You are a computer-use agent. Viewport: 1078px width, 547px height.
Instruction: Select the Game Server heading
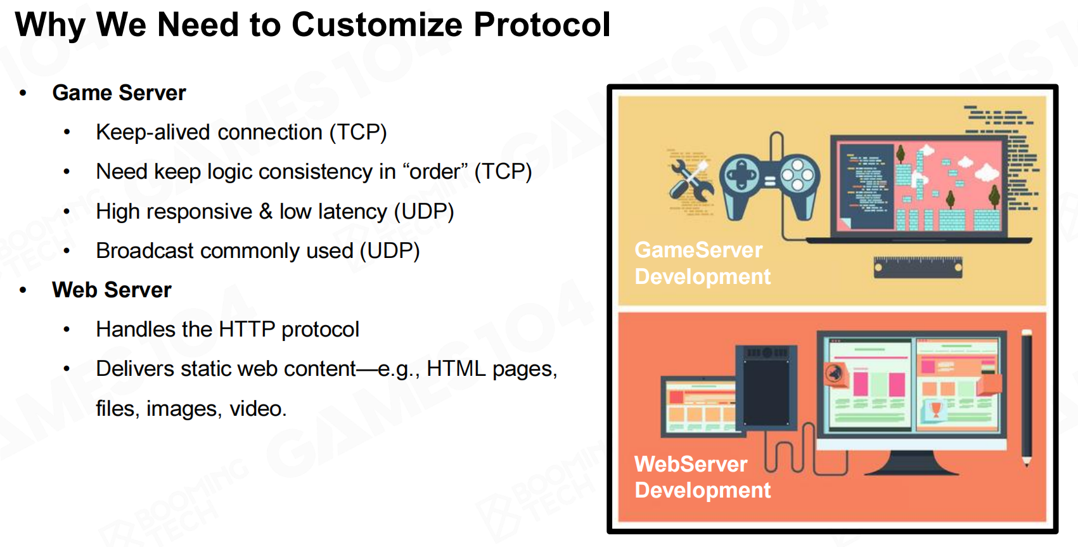coord(119,93)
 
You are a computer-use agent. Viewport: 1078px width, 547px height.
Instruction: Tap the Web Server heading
coord(112,290)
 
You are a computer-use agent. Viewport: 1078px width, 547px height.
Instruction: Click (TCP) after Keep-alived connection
coord(358,132)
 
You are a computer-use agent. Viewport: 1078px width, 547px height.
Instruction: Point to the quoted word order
coord(435,172)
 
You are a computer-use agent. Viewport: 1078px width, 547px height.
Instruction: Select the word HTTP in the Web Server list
coord(247,330)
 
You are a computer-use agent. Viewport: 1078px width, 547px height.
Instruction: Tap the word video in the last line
coord(258,409)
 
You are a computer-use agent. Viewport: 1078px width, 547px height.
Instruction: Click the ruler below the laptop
coord(918,267)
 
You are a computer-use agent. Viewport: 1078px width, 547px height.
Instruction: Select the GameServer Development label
coord(702,264)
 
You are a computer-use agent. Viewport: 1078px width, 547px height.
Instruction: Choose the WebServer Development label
coord(702,477)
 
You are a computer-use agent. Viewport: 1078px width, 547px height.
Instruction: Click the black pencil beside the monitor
coord(1027,397)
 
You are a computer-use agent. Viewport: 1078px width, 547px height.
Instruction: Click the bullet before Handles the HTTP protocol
coord(67,330)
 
